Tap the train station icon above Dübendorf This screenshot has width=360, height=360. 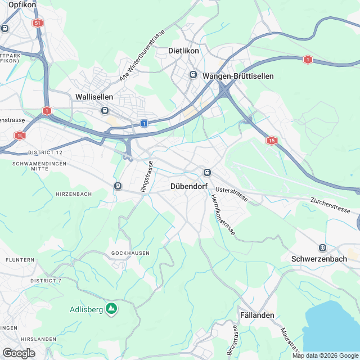click(206, 172)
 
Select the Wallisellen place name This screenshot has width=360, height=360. click(94, 97)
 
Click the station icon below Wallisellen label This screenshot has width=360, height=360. click(105, 111)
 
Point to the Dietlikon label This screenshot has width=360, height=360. click(184, 51)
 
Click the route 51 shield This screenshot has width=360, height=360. click(38, 23)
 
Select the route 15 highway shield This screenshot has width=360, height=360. click(272, 140)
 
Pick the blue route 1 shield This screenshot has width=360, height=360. click(145, 123)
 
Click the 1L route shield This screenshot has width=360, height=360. click(20, 135)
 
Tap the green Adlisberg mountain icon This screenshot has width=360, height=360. click(111, 309)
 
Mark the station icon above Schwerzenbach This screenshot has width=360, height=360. click(322, 247)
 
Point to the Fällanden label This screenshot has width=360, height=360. click(257, 315)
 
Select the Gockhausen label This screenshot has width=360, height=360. click(130, 253)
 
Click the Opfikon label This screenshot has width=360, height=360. click(22, 4)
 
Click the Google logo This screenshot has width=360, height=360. click(19, 353)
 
